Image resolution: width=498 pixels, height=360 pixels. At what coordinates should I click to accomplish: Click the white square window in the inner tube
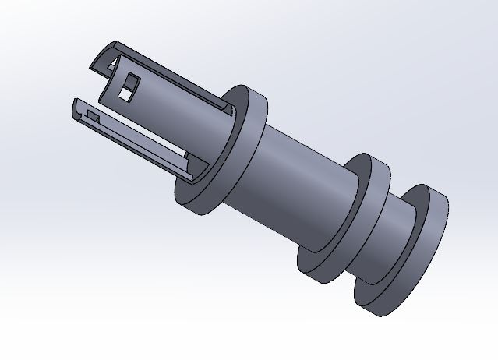tap(124, 95)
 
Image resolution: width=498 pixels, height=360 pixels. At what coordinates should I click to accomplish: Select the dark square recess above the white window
tap(131, 80)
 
